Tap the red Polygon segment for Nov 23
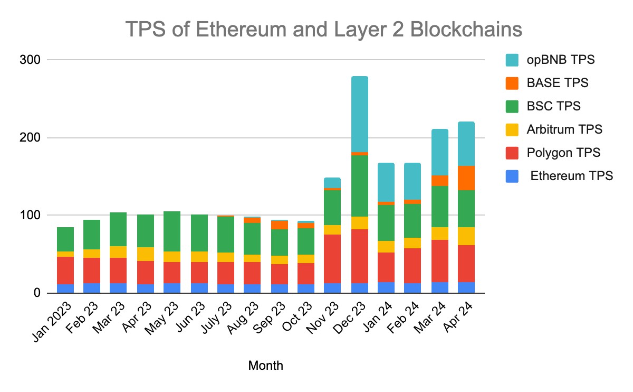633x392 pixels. pos(332,259)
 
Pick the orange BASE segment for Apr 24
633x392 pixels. pos(466,178)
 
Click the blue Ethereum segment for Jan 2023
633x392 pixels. pos(65,288)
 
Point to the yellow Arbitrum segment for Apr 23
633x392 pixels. pos(146,254)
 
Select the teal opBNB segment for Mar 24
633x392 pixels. pos(439,152)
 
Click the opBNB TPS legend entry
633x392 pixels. pos(560,60)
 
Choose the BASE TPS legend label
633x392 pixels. pos(557,83)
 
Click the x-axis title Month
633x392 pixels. pos(265,366)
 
